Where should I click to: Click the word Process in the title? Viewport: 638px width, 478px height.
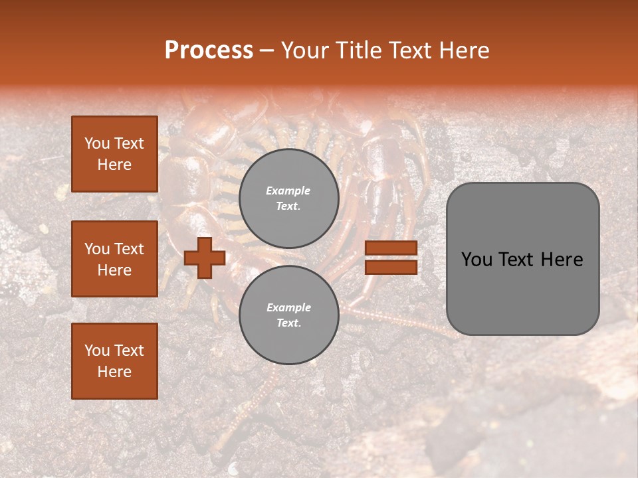209,50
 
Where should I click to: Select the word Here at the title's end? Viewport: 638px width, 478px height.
463,50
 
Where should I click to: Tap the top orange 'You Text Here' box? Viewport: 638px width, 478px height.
114,154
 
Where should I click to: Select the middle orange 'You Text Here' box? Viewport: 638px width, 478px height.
114,259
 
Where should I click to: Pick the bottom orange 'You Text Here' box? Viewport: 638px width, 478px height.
114,360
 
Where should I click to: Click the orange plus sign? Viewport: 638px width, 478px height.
205,258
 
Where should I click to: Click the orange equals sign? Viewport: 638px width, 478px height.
391,258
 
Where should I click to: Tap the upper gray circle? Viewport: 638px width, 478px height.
288,199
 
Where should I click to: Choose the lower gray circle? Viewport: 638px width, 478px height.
288,315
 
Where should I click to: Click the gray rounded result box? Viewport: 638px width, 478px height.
522,259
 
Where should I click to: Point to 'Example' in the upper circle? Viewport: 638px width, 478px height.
288,191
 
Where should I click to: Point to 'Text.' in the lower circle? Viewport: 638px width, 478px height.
288,323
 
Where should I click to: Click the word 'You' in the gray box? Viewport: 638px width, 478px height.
476,260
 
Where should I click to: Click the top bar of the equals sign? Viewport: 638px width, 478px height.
391,248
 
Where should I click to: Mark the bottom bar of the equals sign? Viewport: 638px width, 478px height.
391,267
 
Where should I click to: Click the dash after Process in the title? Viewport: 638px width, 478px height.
266,51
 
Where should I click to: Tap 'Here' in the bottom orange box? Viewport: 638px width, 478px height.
114,372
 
